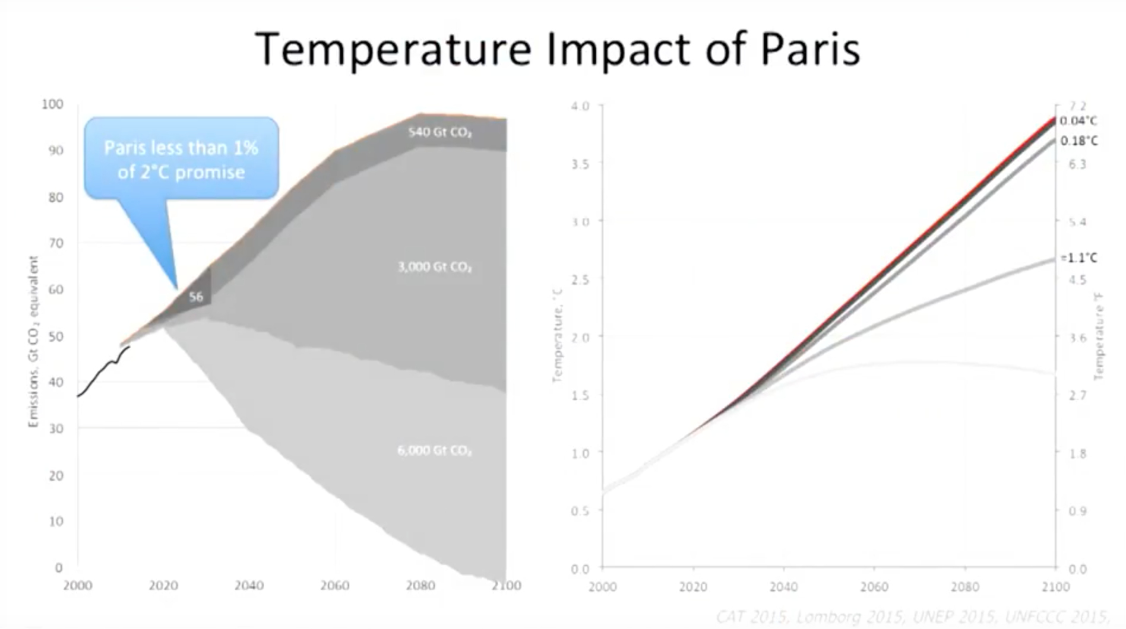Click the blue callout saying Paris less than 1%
tap(181, 159)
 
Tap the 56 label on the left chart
tap(196, 297)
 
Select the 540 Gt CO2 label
tap(439, 132)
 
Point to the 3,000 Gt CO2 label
tap(435, 267)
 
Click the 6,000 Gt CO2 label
tap(435, 450)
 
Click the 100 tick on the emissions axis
tap(52, 104)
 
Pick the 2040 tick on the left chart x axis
tap(249, 586)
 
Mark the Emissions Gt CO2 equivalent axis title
tap(33, 341)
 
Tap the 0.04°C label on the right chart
tap(1078, 121)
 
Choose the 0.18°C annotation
tap(1078, 141)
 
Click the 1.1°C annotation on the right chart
tap(1079, 258)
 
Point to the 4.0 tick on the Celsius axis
tap(580, 106)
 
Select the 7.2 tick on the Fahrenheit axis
tap(1077, 106)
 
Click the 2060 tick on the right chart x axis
tap(874, 587)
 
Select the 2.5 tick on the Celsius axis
tap(580, 279)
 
